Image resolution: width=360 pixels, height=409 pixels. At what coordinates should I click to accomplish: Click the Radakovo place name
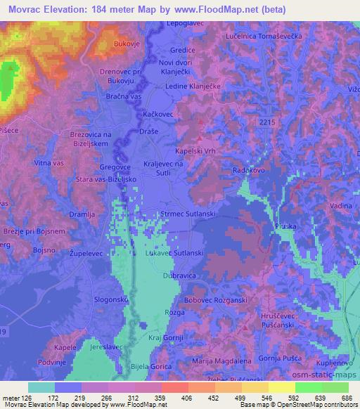coord(247,170)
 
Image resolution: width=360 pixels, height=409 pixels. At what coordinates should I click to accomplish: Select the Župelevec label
coord(85,251)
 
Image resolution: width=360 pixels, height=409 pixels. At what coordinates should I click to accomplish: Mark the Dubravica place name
coord(179,276)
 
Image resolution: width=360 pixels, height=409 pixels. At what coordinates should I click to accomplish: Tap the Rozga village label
coord(174,311)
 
